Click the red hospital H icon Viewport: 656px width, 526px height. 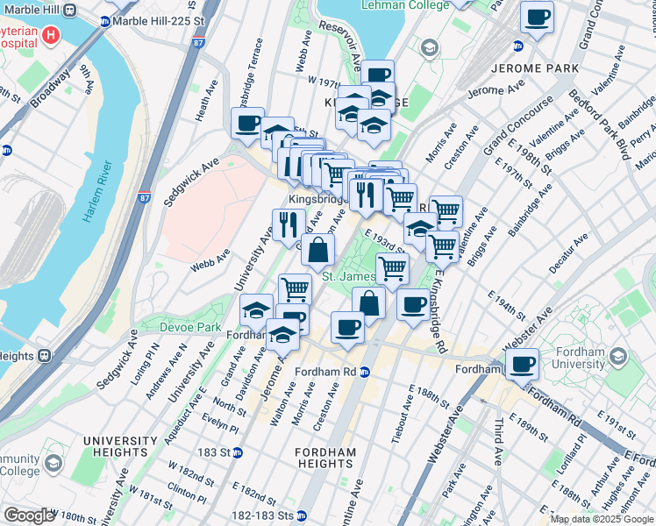click(52, 36)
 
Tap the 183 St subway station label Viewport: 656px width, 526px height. click(224, 452)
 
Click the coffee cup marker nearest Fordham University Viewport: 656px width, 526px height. click(523, 363)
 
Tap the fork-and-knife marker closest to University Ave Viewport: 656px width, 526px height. click(288, 224)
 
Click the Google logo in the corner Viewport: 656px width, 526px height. click(29, 515)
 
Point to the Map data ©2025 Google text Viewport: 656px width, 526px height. click(602, 519)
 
